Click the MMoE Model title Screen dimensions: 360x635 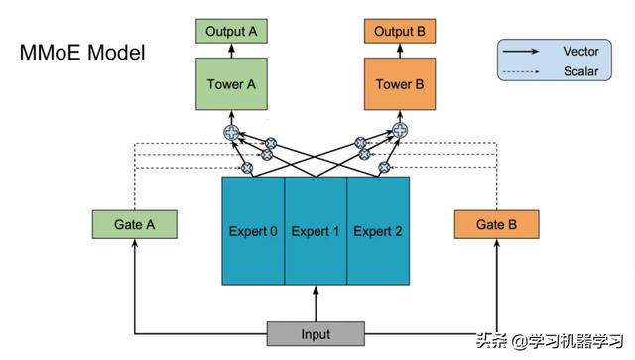[x=81, y=52]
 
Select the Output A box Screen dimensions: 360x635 [x=231, y=32]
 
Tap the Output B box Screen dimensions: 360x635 [x=400, y=32]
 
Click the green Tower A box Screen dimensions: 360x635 [x=231, y=85]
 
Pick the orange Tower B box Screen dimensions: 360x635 [x=400, y=85]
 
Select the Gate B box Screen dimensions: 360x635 [x=496, y=224]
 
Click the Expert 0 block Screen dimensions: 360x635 [x=253, y=231]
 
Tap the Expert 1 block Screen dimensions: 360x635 [x=316, y=231]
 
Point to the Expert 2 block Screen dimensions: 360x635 [x=377, y=231]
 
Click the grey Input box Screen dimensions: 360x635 [x=316, y=334]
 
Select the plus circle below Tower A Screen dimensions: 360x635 [x=231, y=130]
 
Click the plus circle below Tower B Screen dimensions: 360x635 [x=400, y=130]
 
